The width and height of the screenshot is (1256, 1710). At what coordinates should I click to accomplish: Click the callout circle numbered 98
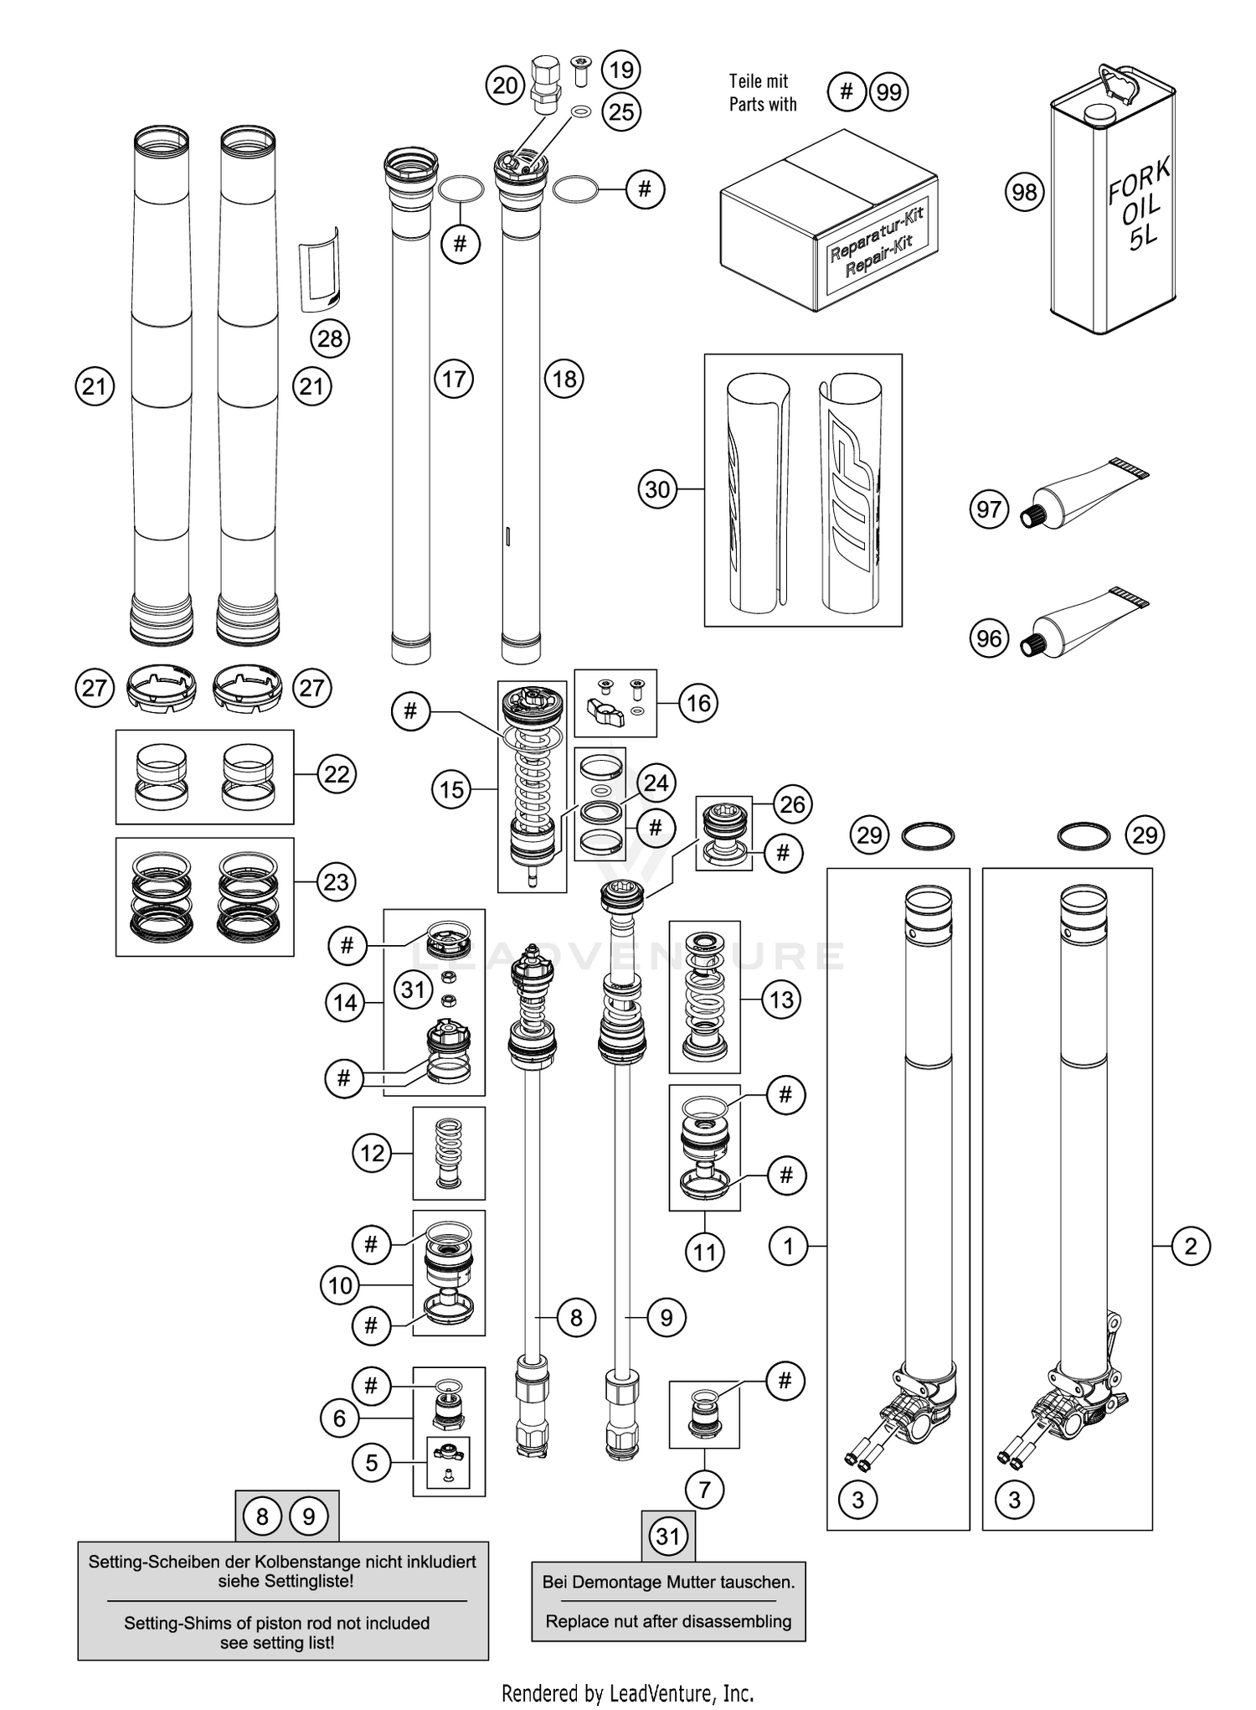pyautogui.click(x=1024, y=193)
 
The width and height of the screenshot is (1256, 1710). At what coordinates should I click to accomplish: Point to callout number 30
pyautogui.click(x=658, y=488)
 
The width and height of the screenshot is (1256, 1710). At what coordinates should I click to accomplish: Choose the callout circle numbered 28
pyautogui.click(x=330, y=338)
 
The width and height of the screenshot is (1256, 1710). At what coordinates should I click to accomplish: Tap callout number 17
pyautogui.click(x=454, y=379)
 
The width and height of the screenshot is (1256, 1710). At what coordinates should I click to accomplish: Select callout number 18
pyautogui.click(x=564, y=379)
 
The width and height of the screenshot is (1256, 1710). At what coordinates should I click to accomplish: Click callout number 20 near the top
pyautogui.click(x=505, y=85)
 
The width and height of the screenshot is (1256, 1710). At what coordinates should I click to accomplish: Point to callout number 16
pyautogui.click(x=698, y=703)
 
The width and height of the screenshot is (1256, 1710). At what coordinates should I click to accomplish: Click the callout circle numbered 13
pyautogui.click(x=781, y=999)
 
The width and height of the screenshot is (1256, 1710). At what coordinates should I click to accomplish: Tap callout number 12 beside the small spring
pyautogui.click(x=372, y=1153)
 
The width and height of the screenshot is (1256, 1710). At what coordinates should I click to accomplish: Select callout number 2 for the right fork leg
pyautogui.click(x=1191, y=1246)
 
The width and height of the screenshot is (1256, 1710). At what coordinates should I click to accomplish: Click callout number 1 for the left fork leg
pyautogui.click(x=788, y=1246)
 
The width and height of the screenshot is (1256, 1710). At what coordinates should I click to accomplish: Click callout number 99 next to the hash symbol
pyautogui.click(x=888, y=91)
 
